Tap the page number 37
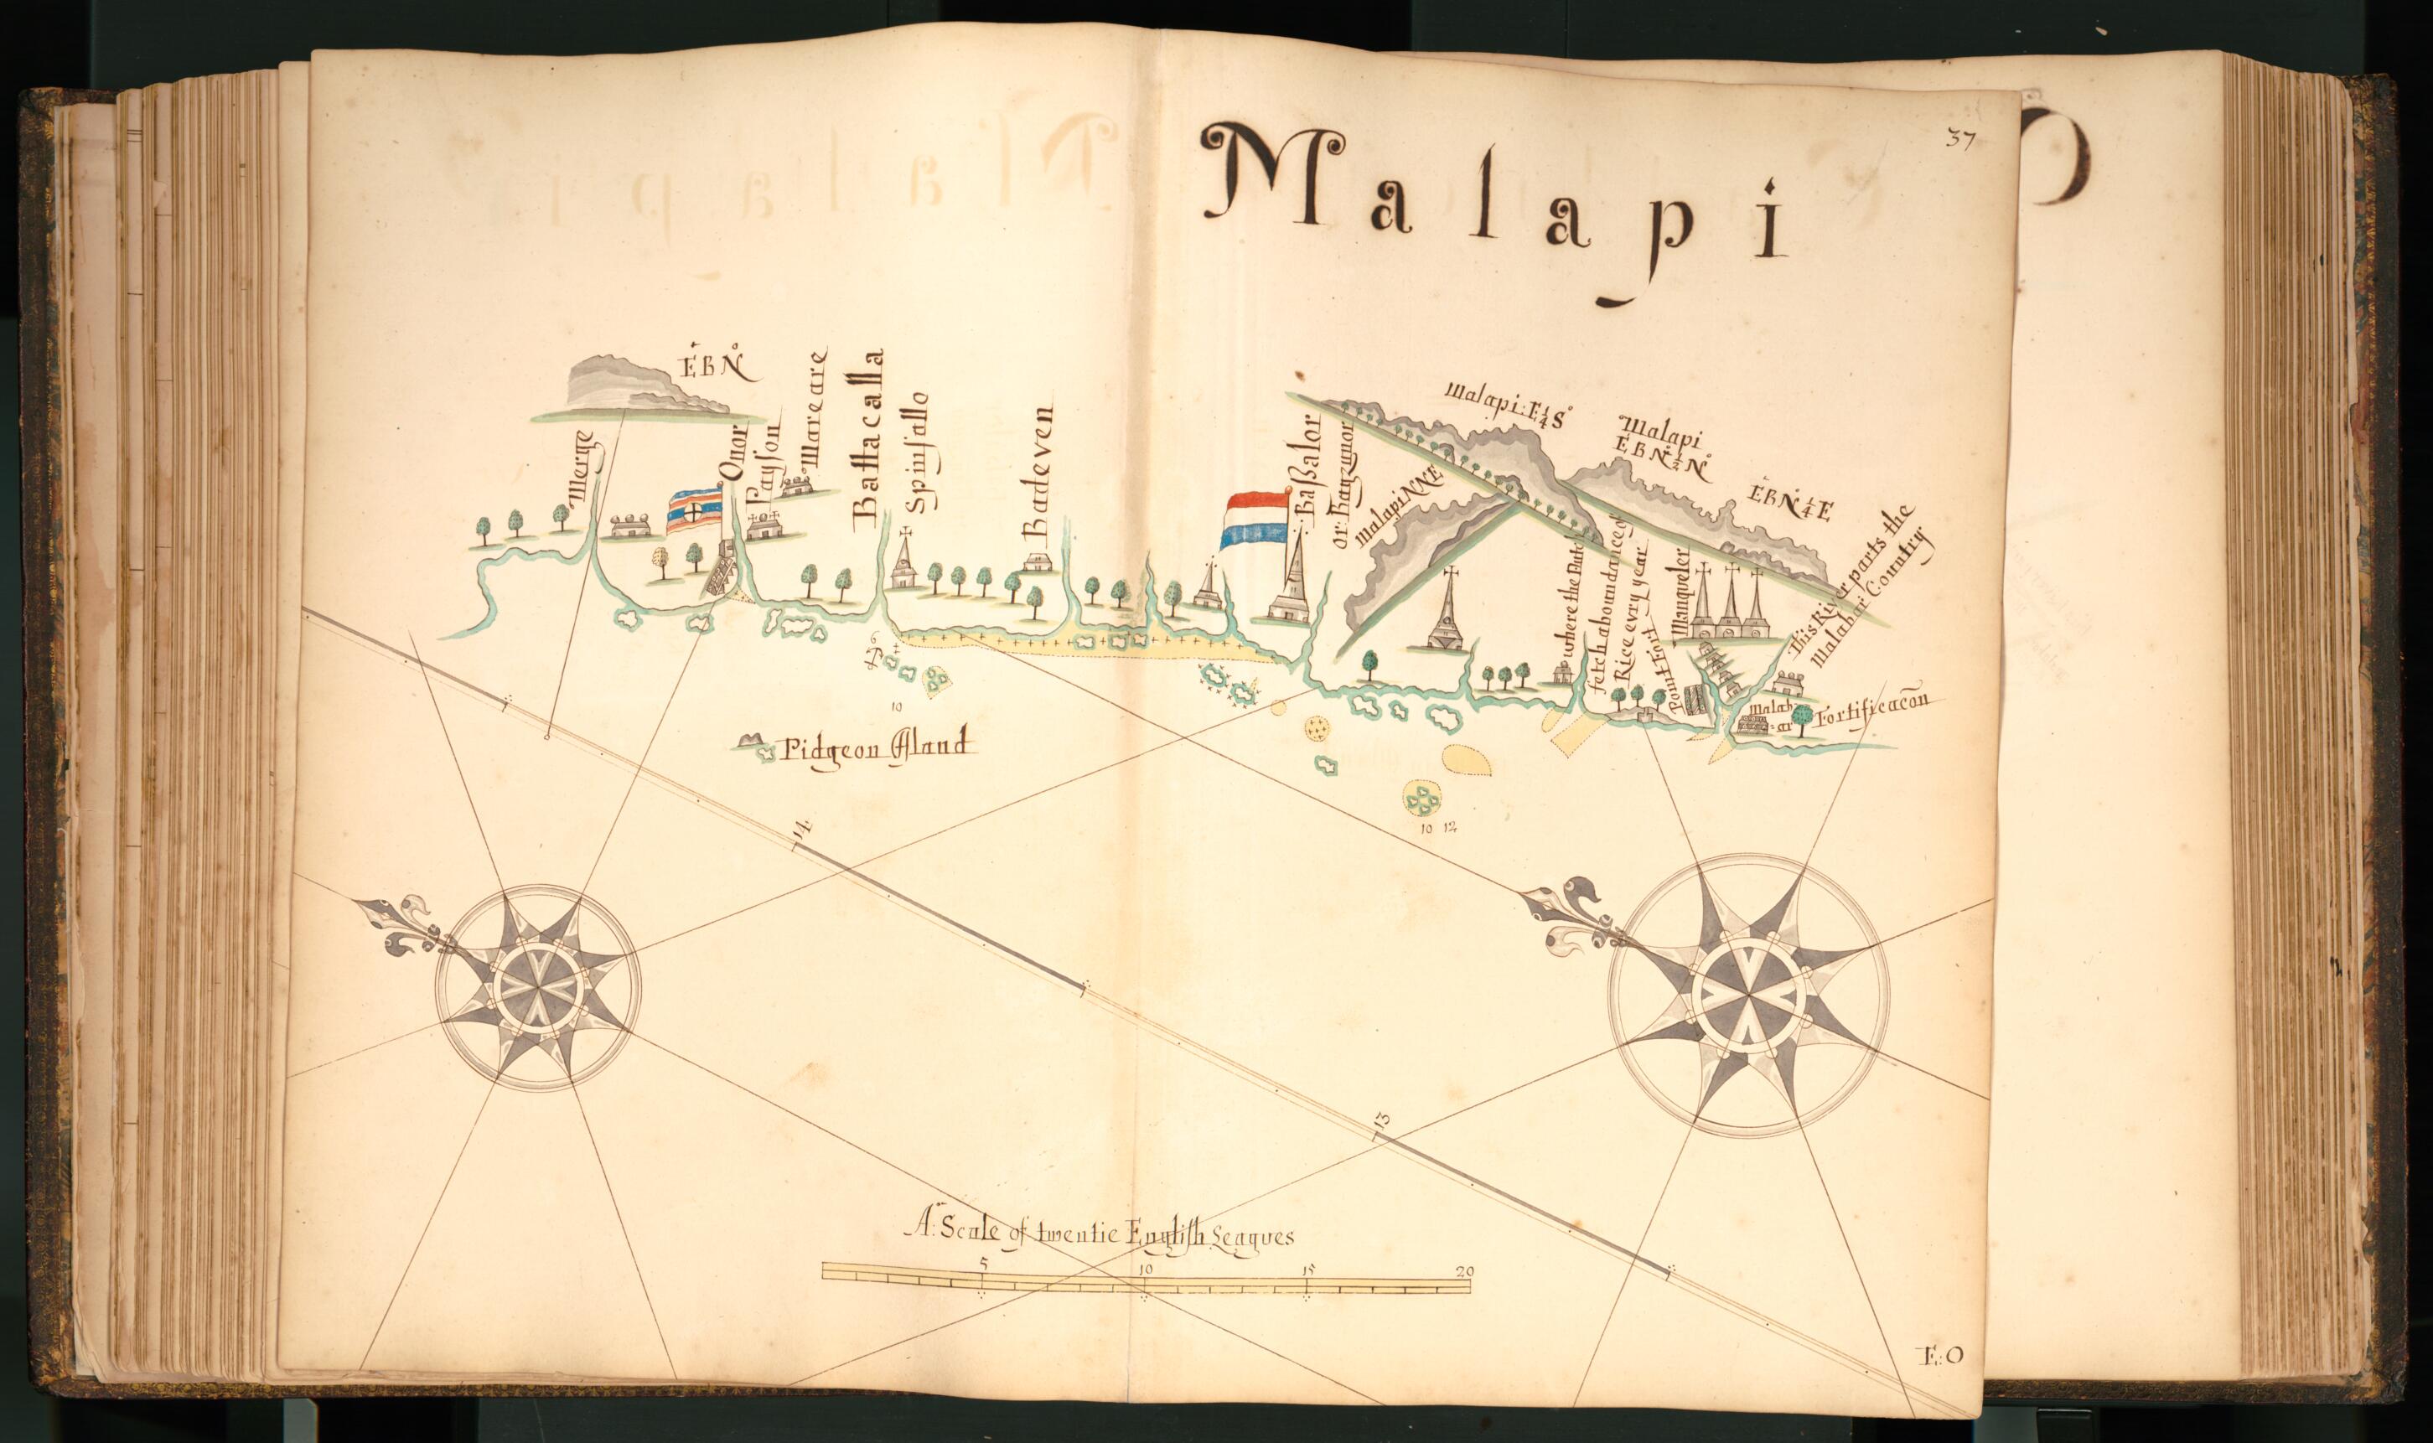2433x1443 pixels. (x=1959, y=139)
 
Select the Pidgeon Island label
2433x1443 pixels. (x=875, y=747)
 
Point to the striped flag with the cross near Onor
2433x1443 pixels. (x=693, y=511)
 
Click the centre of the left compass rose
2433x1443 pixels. (x=536, y=988)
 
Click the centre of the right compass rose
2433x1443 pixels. (x=1748, y=994)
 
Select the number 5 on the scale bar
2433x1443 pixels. (x=983, y=1263)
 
